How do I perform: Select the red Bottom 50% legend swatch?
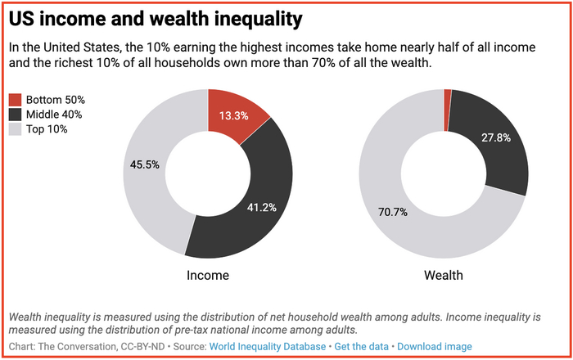click(x=16, y=100)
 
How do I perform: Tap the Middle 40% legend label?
click(x=55, y=115)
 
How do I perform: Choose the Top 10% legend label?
click(x=47, y=129)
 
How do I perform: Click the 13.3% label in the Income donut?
click(x=234, y=115)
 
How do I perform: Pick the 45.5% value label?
click(x=145, y=164)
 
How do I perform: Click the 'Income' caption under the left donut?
click(x=208, y=275)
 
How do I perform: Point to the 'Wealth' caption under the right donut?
click(x=443, y=275)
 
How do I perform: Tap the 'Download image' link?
click(x=435, y=346)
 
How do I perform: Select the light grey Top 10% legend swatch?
click(x=16, y=129)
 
